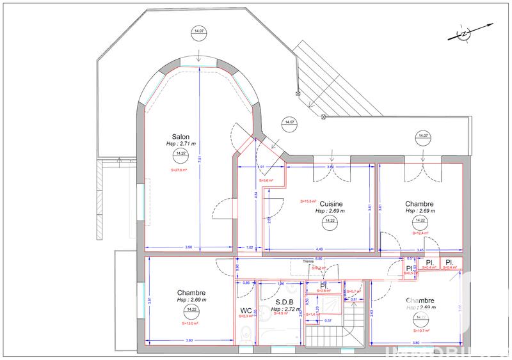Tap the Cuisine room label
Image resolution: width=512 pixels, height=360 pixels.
click(332, 204)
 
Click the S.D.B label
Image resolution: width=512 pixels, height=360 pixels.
click(284, 302)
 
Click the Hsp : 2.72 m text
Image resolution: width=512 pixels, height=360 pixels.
click(284, 309)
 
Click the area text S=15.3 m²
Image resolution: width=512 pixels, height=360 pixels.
click(310, 201)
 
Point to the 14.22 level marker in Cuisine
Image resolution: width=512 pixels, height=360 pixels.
click(330, 221)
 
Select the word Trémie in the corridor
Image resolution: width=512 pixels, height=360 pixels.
click(308, 261)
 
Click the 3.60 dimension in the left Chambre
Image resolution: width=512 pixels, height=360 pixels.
click(190, 341)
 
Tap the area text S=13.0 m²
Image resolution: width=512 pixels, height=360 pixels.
click(190, 324)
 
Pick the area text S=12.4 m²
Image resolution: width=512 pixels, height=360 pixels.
click(420, 233)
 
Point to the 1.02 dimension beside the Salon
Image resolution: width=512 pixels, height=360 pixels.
click(250, 247)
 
